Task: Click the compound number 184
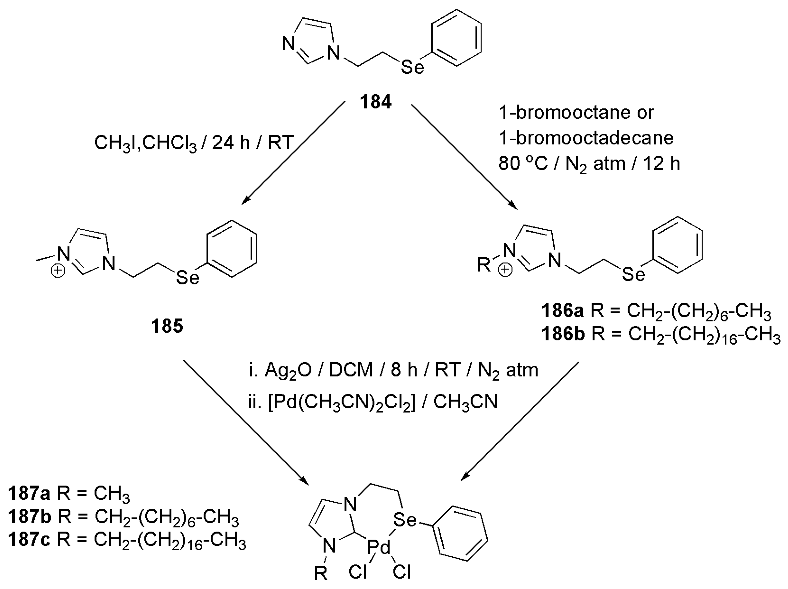pos(375,102)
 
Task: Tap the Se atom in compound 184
pos(413,67)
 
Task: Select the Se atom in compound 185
pos(188,278)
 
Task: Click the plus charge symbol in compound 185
pos(58,271)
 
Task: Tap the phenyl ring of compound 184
pos(456,38)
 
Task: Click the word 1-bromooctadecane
pos(586,138)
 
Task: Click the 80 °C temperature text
pos(523,164)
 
